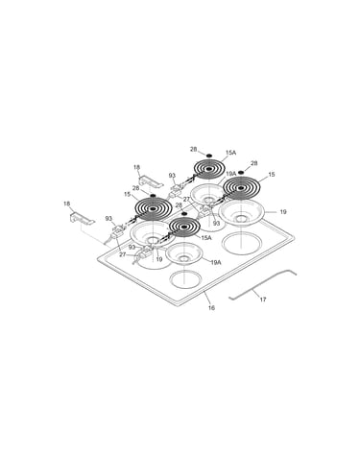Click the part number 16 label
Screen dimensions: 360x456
pos(211,308)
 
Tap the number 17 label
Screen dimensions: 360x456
pos(263,300)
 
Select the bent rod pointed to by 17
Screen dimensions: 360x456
pos(262,285)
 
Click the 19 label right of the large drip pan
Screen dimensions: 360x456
pos(283,212)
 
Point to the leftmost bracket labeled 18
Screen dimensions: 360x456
pos(82,218)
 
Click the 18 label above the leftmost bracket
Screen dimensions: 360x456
pos(67,204)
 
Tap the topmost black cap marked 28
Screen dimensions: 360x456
pos(209,156)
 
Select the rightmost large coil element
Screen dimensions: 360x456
pos(242,186)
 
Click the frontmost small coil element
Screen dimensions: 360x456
pos(184,227)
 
